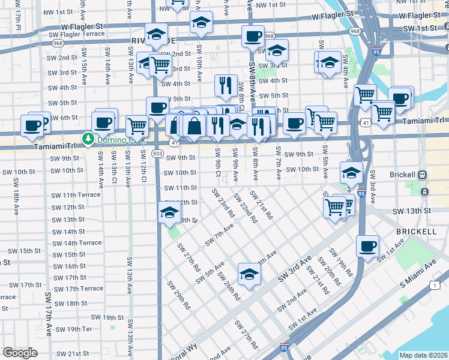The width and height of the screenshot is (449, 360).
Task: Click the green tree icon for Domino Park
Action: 88,139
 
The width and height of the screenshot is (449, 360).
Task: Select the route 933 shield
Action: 157,154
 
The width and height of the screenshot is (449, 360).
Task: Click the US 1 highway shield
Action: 433,286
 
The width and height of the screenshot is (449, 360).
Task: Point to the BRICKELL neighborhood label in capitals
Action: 416,231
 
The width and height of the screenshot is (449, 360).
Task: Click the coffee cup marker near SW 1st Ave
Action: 367,246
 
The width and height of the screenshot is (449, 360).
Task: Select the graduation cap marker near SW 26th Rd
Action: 248,274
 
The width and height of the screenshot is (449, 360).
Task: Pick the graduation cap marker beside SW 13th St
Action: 169,213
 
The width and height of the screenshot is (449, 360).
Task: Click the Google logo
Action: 20,353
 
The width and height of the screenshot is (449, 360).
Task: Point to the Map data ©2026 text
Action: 423,355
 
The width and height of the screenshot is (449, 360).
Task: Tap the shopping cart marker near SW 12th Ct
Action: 137,127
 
